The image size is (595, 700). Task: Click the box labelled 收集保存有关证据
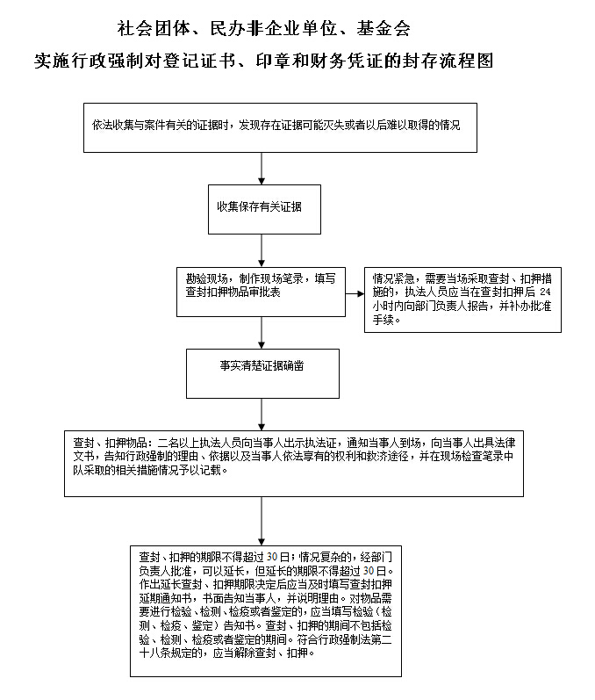261,209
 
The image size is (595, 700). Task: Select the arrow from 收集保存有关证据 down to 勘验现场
262,250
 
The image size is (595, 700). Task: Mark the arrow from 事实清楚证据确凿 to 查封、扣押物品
262,414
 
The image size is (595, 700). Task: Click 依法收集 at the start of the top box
108,126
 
